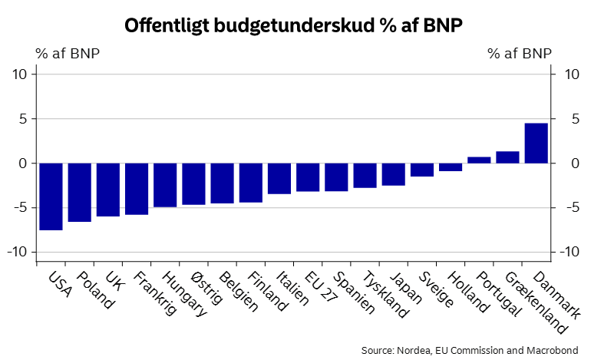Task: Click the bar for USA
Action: coord(51,196)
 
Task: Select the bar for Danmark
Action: coord(536,144)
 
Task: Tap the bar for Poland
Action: coord(79,192)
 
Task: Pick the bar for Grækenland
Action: coord(507,157)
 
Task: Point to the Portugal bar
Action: coord(479,160)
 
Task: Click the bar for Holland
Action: coord(451,167)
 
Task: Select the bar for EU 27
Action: coord(308,177)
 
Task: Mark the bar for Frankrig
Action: coord(137,188)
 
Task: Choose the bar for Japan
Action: coord(393,174)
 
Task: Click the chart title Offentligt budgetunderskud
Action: coord(294,25)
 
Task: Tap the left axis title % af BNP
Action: coord(68,54)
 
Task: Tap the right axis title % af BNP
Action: coord(520,54)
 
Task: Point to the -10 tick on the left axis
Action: coord(18,253)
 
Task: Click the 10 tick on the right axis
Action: coord(571,74)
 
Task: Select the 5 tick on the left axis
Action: coord(22,119)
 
